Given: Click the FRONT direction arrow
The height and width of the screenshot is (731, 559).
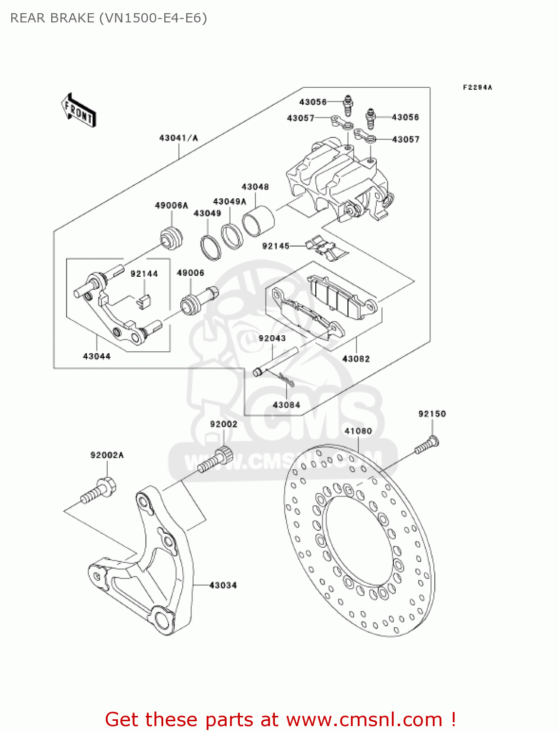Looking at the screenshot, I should [x=78, y=111].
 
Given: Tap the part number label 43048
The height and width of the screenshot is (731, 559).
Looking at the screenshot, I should [x=255, y=187].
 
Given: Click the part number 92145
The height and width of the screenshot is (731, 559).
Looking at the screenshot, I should [x=276, y=246].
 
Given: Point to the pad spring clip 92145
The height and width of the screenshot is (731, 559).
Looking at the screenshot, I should [x=326, y=248].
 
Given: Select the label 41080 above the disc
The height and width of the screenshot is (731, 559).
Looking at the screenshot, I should [x=358, y=431].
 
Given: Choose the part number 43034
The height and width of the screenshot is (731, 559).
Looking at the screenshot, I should [x=223, y=585].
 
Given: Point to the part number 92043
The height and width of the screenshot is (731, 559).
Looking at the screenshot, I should [x=272, y=338].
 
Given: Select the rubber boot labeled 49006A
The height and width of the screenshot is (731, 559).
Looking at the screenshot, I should [x=172, y=237].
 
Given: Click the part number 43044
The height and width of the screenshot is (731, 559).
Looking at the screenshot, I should [x=96, y=356].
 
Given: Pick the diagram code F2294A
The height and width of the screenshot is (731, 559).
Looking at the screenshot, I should [x=477, y=87].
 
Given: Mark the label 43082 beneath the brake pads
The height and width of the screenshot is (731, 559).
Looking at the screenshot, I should [x=356, y=359].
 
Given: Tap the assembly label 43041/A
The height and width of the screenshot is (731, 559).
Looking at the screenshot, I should [x=178, y=138].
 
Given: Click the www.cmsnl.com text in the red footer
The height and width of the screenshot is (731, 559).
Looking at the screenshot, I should [x=364, y=719].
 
